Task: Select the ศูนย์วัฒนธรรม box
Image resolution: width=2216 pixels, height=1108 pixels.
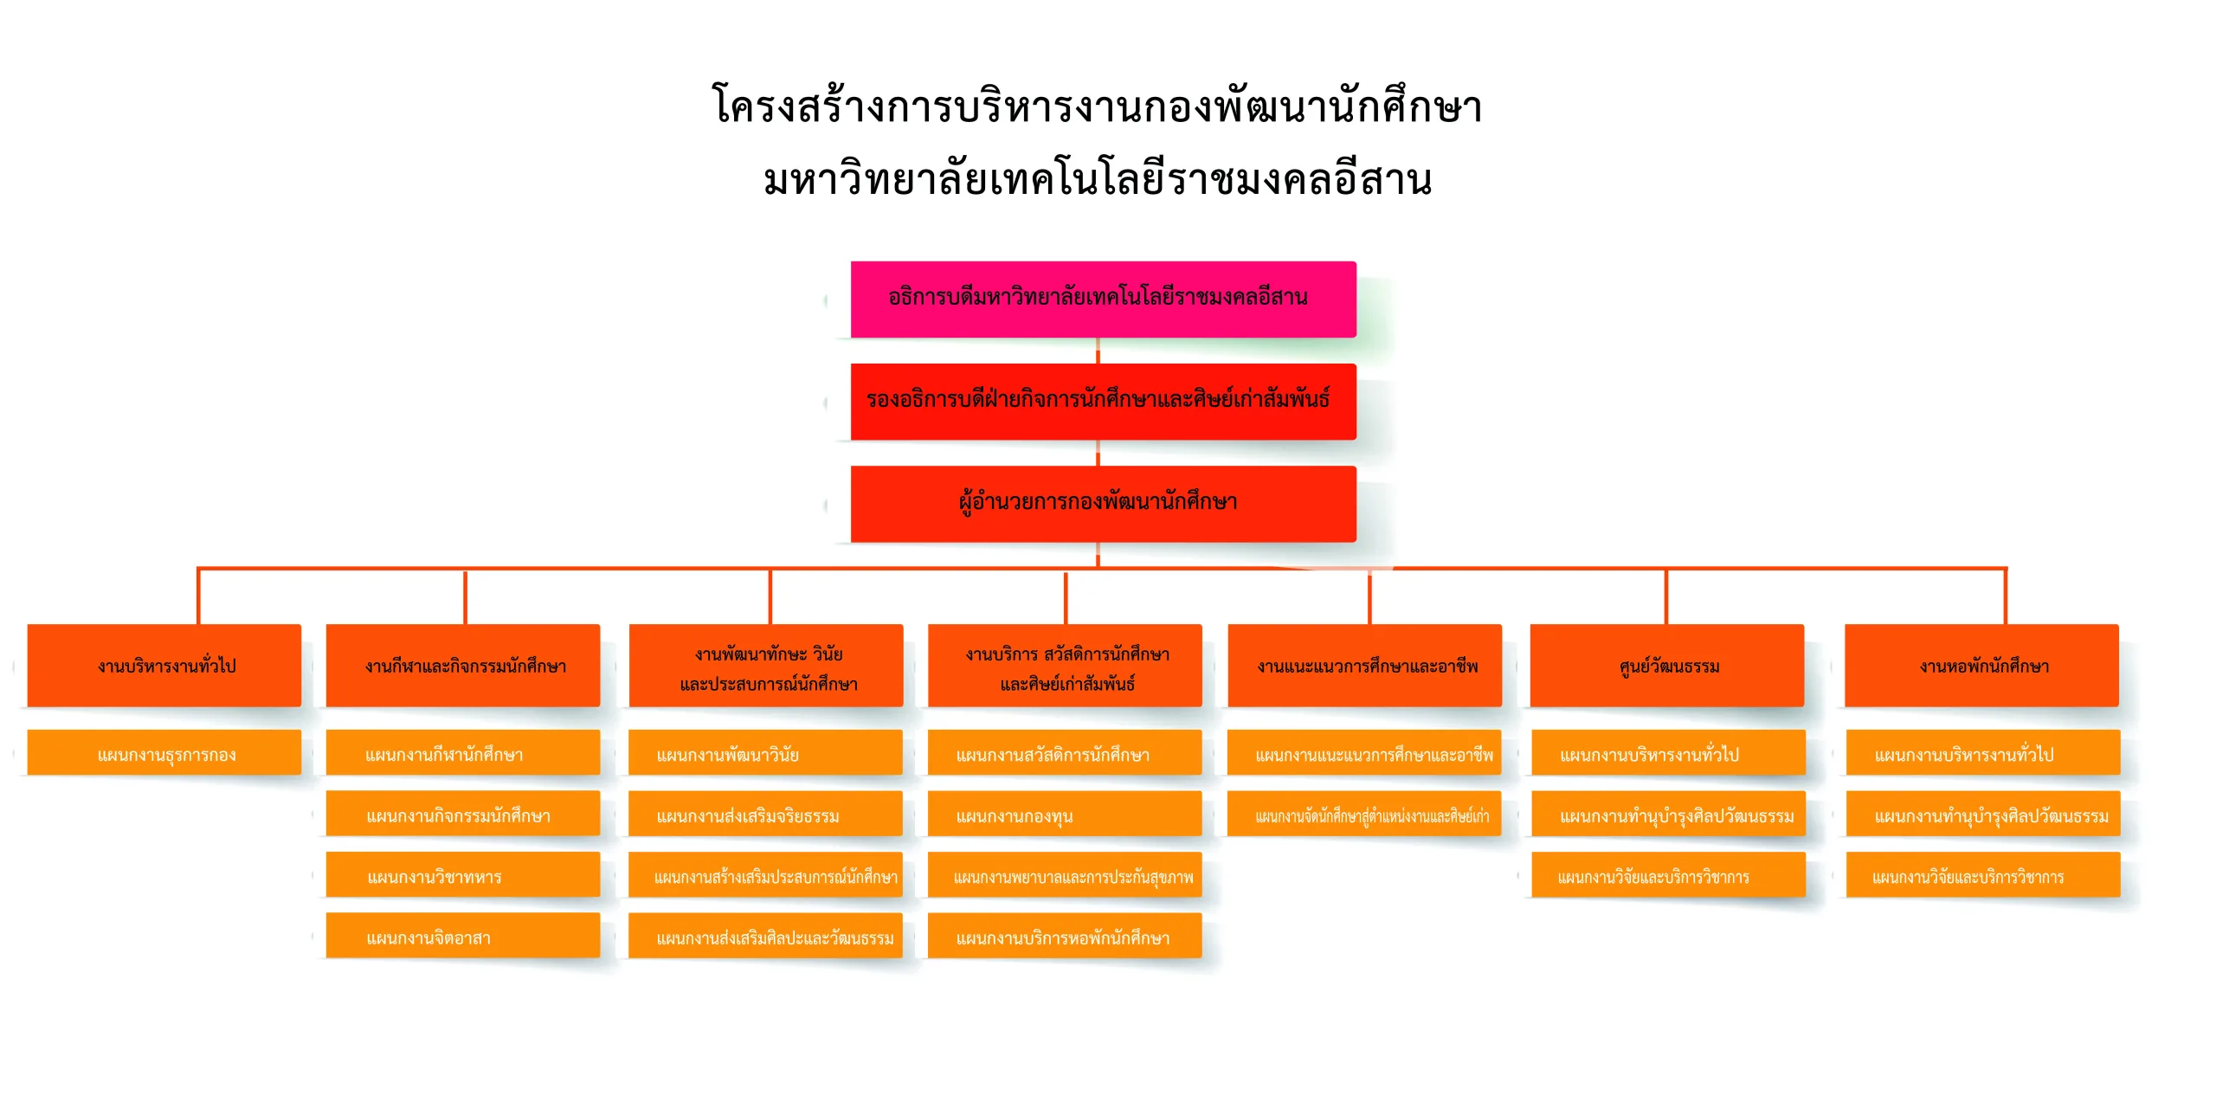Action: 1667,665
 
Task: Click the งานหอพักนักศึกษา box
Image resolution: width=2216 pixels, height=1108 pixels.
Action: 1981,665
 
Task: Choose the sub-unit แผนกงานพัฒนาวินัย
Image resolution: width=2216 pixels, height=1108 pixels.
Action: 765,753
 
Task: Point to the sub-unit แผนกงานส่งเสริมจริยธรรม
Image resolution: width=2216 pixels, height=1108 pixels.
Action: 765,815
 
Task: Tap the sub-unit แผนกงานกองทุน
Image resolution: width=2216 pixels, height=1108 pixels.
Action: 1065,815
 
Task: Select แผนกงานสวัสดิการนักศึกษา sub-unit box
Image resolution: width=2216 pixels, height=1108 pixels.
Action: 1065,753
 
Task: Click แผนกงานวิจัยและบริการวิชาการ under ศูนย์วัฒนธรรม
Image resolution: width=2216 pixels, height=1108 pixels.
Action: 1668,875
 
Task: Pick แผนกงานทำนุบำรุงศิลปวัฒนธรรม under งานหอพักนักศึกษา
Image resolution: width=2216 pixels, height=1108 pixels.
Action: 1983,815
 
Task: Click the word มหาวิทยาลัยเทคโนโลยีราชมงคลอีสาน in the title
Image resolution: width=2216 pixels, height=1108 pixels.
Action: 1098,180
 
